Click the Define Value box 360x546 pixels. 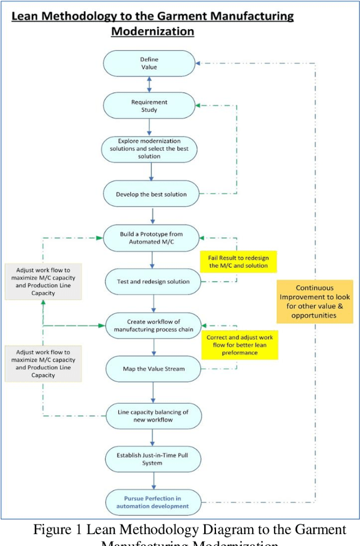pyautogui.click(x=149, y=63)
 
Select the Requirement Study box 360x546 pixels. pyautogui.click(x=149, y=106)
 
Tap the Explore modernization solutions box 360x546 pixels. pyautogui.click(x=150, y=148)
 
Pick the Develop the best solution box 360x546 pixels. pyautogui.click(x=151, y=195)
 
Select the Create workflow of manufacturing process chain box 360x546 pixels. pyautogui.click(x=154, y=325)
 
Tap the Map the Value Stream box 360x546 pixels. pyautogui.click(x=154, y=369)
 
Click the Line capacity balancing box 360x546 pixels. pyautogui.click(x=154, y=416)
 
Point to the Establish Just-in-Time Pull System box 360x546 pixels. pyautogui.click(x=154, y=459)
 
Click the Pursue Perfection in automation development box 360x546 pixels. pyautogui.click(x=154, y=502)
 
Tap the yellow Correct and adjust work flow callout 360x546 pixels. pyautogui.click(x=240, y=344)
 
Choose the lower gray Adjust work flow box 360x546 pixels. pyautogui.click(x=42, y=363)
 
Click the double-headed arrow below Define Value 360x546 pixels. pyautogui.click(x=149, y=84)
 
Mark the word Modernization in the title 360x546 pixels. pyautogui.click(x=152, y=31)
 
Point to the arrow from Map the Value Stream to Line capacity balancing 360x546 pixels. pyautogui.click(x=154, y=392)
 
